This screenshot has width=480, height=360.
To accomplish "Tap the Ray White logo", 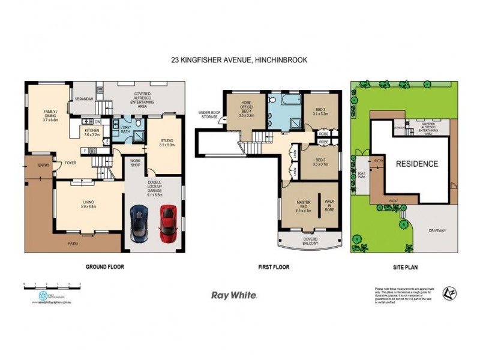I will tap(235, 295).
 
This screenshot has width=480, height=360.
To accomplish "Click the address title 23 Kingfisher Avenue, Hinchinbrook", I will tap(239, 59).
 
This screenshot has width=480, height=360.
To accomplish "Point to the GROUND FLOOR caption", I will tap(105, 266).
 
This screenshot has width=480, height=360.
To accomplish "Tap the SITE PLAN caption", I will tap(404, 266).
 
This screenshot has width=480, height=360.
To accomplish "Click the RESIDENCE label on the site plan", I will tap(416, 163).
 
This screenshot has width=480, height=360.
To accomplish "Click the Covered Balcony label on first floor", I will tap(310, 241).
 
